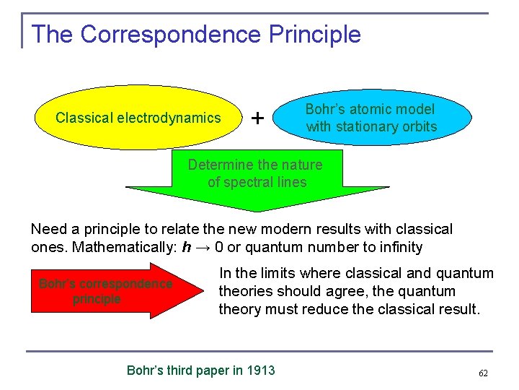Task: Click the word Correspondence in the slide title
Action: click(x=171, y=34)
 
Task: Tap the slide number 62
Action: click(x=483, y=373)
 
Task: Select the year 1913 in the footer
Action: click(x=261, y=370)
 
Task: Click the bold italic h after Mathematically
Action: click(x=187, y=246)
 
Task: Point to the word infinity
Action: click(x=396, y=246)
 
